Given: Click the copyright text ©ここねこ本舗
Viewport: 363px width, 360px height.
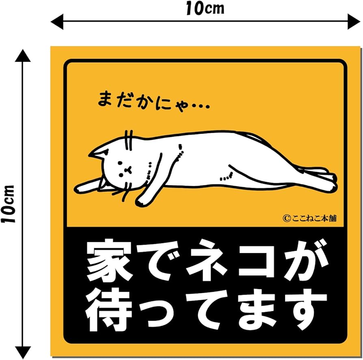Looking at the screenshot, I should pyautogui.click(x=310, y=218).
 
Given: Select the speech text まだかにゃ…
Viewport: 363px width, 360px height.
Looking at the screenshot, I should pyautogui.click(x=153, y=100).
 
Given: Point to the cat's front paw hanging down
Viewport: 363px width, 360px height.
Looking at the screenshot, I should pyautogui.click(x=142, y=199).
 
